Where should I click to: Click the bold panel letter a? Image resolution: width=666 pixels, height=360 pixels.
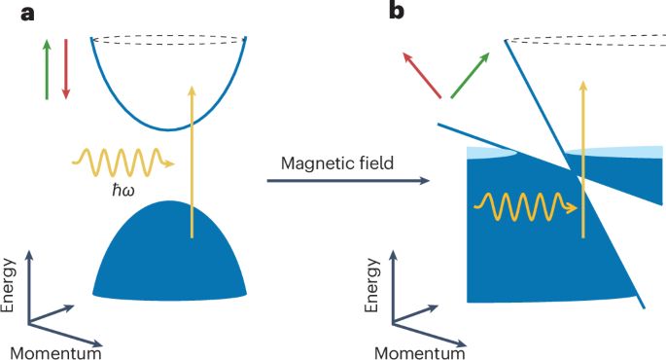[x=27, y=14]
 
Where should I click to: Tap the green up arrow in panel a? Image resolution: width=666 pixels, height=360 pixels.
[x=47, y=69]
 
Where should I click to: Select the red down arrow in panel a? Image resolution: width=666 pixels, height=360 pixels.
[x=66, y=69]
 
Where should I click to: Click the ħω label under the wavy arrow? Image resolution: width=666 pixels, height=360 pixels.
[x=123, y=191]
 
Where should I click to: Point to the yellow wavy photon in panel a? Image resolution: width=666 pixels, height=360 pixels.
[x=123, y=162]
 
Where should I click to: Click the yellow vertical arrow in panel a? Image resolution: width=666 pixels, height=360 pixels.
[x=192, y=162]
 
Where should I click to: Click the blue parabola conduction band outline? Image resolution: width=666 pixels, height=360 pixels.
[x=168, y=129]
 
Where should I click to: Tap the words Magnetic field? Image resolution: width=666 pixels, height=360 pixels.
[x=337, y=163]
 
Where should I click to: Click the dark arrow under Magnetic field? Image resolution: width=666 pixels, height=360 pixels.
[x=348, y=181]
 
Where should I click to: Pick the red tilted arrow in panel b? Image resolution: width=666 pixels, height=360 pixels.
[x=422, y=75]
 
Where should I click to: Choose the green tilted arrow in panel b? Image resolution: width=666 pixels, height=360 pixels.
[x=471, y=75]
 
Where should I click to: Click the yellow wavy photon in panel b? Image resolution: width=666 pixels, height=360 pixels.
[x=525, y=207]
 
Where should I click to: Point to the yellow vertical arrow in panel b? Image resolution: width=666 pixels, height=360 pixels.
[x=583, y=159]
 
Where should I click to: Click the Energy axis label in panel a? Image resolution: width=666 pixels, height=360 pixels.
[x=8, y=285]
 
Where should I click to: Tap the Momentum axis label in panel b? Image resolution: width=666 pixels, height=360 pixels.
[x=420, y=353]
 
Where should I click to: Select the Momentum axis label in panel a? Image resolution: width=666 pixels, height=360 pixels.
[x=55, y=353]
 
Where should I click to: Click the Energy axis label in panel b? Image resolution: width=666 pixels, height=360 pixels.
[x=372, y=285]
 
